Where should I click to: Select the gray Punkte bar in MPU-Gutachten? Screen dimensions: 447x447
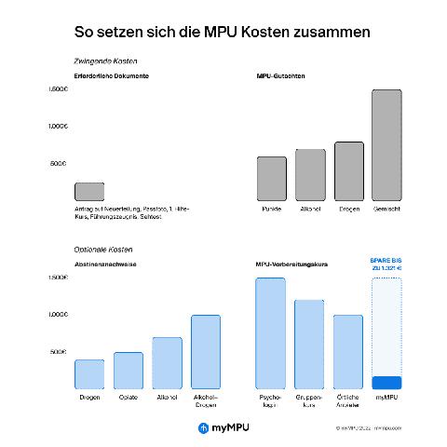[x=271, y=179]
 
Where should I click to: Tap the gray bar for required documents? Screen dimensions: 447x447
[x=88, y=192]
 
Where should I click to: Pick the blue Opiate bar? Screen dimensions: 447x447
[x=129, y=370]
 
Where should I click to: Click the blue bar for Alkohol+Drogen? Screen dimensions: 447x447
[x=206, y=351]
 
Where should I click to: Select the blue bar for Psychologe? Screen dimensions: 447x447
[x=270, y=332]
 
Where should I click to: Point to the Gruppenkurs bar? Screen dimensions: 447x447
[x=309, y=344]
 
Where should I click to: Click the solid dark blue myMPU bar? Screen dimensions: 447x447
[x=386, y=383]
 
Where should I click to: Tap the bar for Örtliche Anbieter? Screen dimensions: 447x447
[x=348, y=351]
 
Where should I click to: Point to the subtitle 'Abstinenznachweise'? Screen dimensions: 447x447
[x=106, y=264]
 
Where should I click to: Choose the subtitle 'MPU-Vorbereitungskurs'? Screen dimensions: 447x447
[x=291, y=264]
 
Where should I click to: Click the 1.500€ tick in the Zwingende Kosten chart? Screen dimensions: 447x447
[x=58, y=89]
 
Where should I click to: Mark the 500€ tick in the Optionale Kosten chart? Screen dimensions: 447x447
[x=59, y=352]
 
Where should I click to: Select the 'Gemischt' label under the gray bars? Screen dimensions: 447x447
[x=386, y=209]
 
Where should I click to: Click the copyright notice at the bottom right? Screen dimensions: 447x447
[x=370, y=428]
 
